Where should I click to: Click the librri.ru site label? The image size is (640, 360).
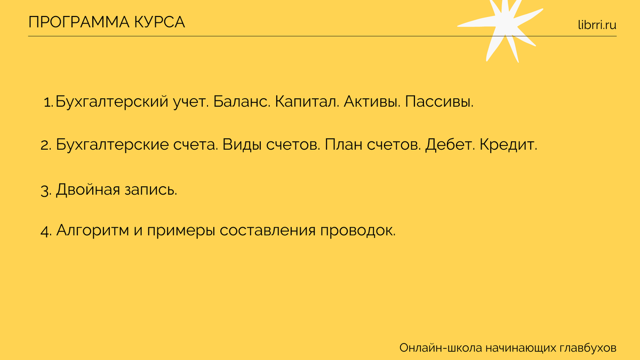pyautogui.click(x=596, y=24)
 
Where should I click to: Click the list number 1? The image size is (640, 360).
pyautogui.click(x=48, y=102)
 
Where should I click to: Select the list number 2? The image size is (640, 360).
pyautogui.click(x=45, y=145)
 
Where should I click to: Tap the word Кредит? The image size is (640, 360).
pyautogui.click(x=508, y=145)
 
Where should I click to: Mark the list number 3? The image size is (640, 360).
pyautogui.click(x=45, y=190)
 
